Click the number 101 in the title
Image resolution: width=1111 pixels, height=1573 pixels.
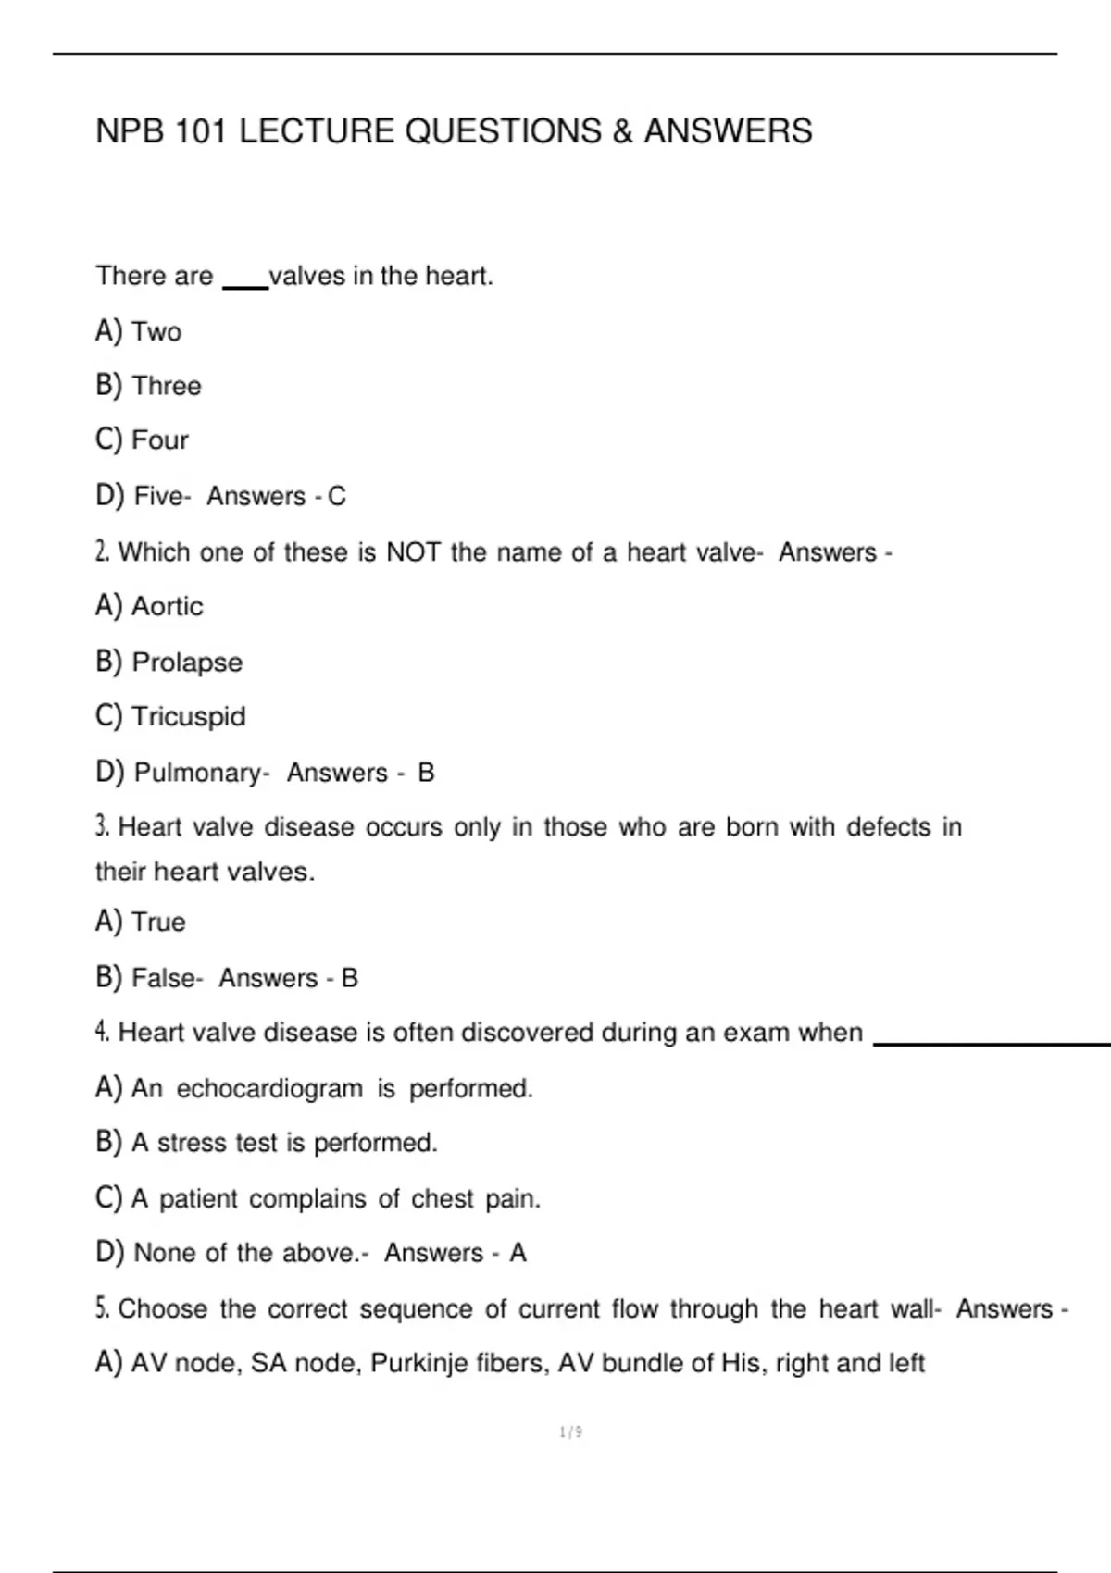[201, 131]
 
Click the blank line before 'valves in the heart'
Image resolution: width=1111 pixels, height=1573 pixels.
[245, 288]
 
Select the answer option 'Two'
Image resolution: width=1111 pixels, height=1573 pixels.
[156, 331]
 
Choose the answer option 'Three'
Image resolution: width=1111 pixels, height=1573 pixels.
[167, 386]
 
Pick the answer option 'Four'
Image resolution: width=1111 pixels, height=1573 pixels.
[160, 440]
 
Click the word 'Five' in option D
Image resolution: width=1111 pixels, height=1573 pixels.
[159, 496]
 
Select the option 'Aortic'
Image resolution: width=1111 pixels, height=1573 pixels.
[168, 606]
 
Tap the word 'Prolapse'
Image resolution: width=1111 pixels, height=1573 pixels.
[187, 663]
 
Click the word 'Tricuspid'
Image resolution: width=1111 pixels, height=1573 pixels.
[189, 716]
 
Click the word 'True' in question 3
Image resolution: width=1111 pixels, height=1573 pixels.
[158, 922]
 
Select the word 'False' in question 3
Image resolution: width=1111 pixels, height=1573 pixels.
[164, 978]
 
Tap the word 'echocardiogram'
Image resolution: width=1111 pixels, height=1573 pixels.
[269, 1088]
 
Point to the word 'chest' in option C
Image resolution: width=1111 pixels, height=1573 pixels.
[443, 1198]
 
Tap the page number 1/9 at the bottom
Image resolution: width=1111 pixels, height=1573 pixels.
[571, 1432]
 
